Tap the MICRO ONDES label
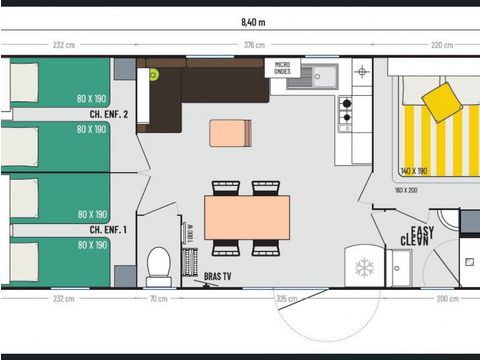click(x=282, y=68)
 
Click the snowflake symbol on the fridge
click(x=364, y=267)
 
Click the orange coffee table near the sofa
click(x=230, y=133)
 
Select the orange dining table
click(x=246, y=217)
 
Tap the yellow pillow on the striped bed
click(x=441, y=102)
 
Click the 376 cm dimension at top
click(x=254, y=45)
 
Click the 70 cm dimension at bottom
click(x=158, y=299)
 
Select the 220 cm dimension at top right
click(x=441, y=45)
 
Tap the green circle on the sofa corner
click(x=153, y=73)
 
